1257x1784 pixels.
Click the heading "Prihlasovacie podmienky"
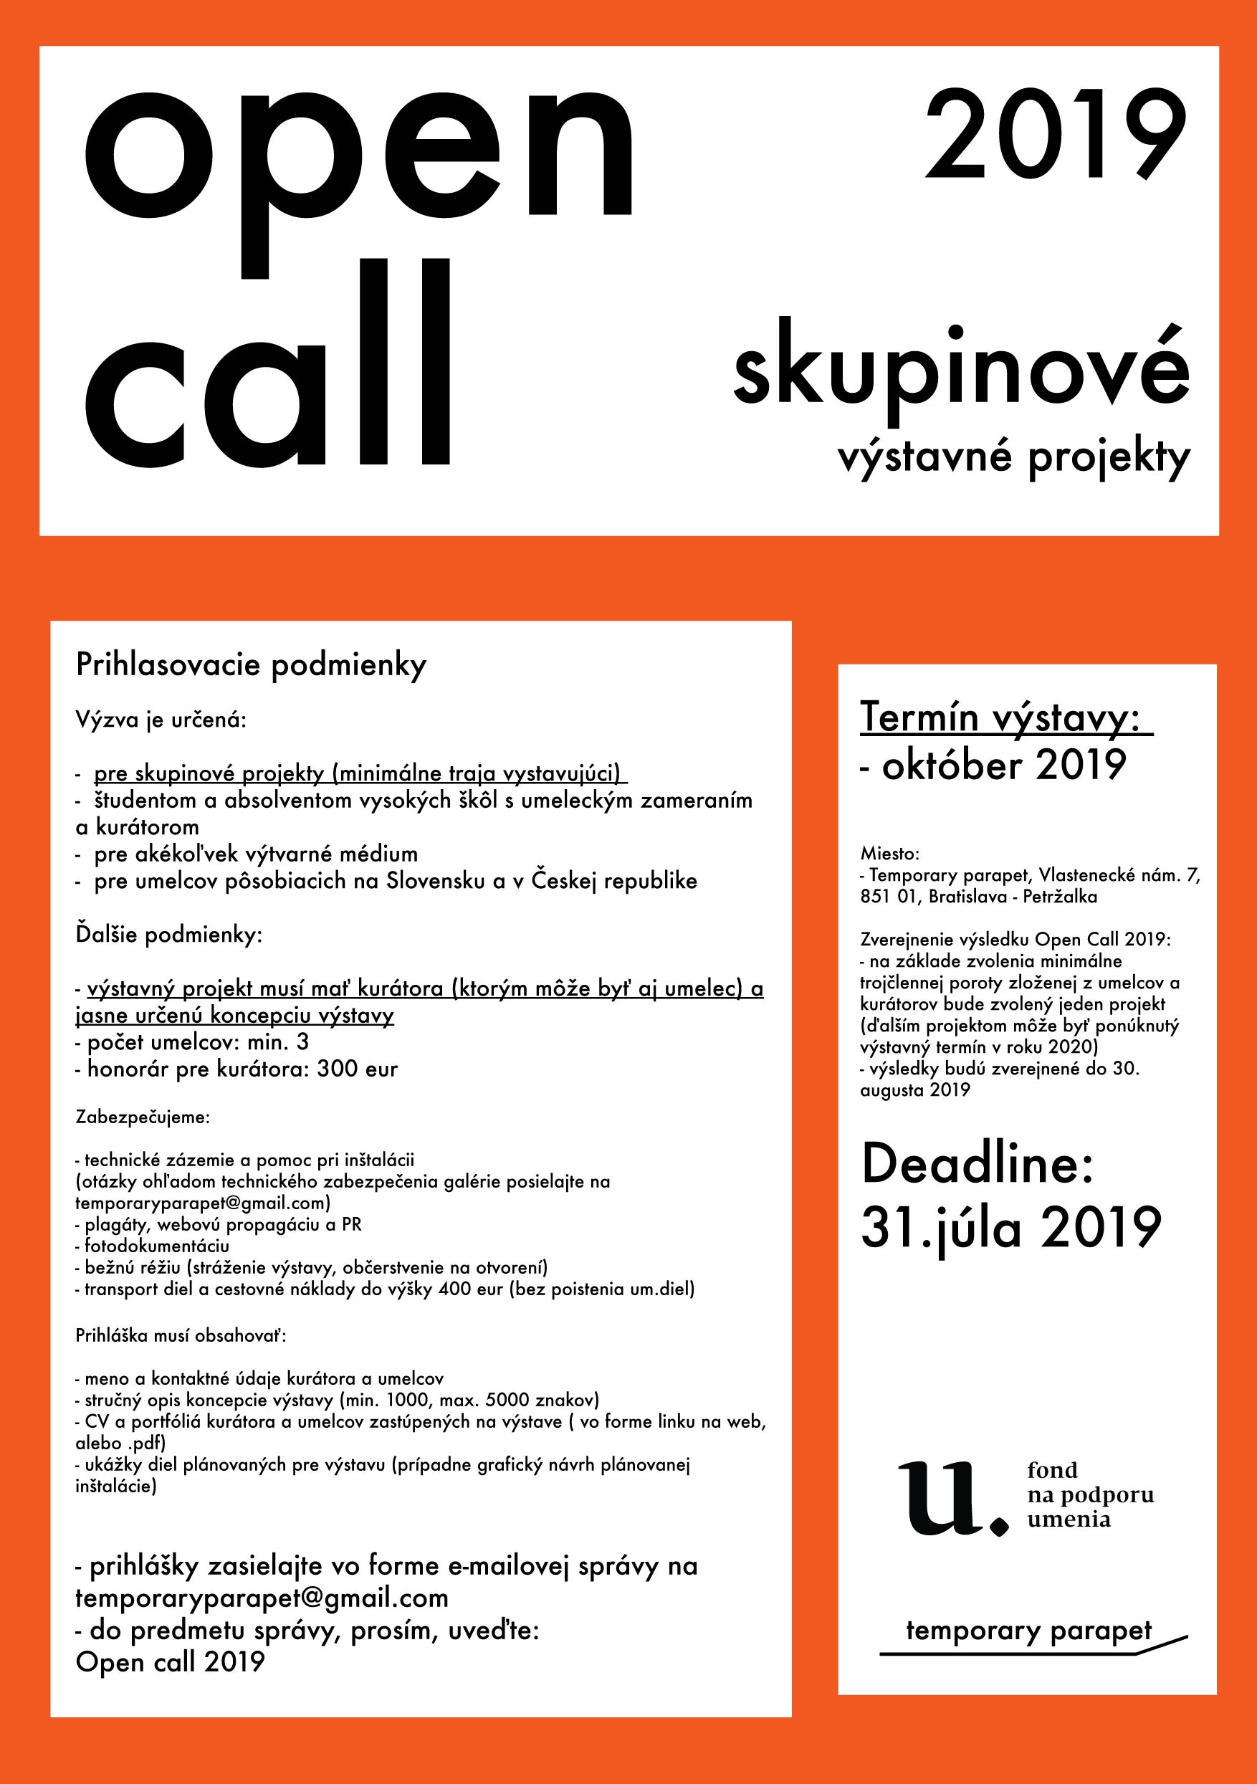pyautogui.click(x=251, y=666)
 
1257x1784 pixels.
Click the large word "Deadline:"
pyautogui.click(x=978, y=1163)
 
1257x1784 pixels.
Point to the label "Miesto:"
pyautogui.click(x=889, y=854)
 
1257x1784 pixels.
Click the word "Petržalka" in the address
pyautogui.click(x=1060, y=897)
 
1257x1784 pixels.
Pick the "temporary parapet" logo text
pyautogui.click(x=1028, y=1630)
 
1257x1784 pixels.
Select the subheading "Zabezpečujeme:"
pyautogui.click(x=142, y=1117)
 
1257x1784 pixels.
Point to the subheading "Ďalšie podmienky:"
pyautogui.click(x=168, y=934)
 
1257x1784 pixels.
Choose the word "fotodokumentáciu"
pyautogui.click(x=157, y=1246)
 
